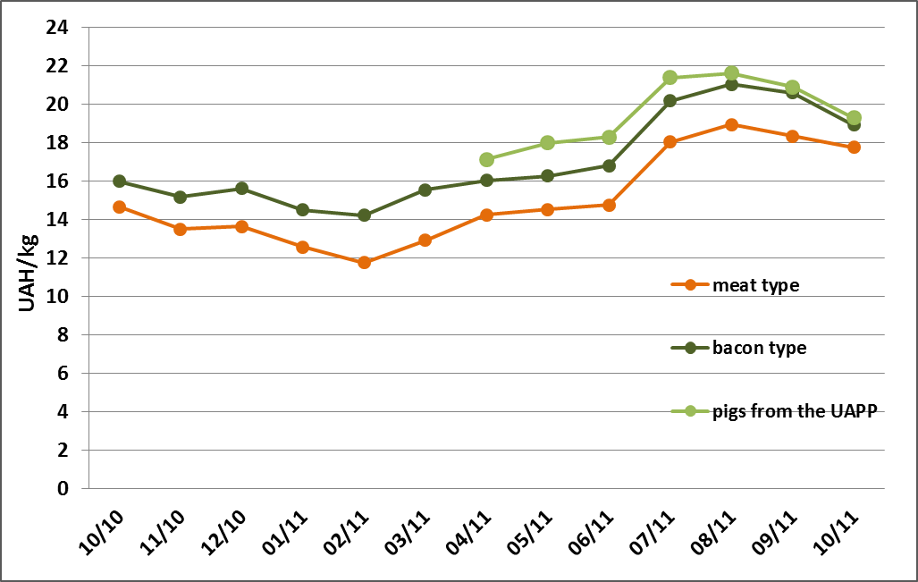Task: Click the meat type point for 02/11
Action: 364,262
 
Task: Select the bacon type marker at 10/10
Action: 119,181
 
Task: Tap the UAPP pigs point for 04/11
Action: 486,159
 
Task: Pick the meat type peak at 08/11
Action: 731,124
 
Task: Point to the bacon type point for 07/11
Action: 670,101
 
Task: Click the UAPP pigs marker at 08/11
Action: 731,73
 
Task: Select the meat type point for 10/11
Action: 854,147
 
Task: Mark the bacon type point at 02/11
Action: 364,215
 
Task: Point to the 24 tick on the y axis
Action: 57,28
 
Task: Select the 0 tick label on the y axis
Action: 63,489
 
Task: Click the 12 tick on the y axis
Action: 57,258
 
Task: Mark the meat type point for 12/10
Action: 241,226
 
